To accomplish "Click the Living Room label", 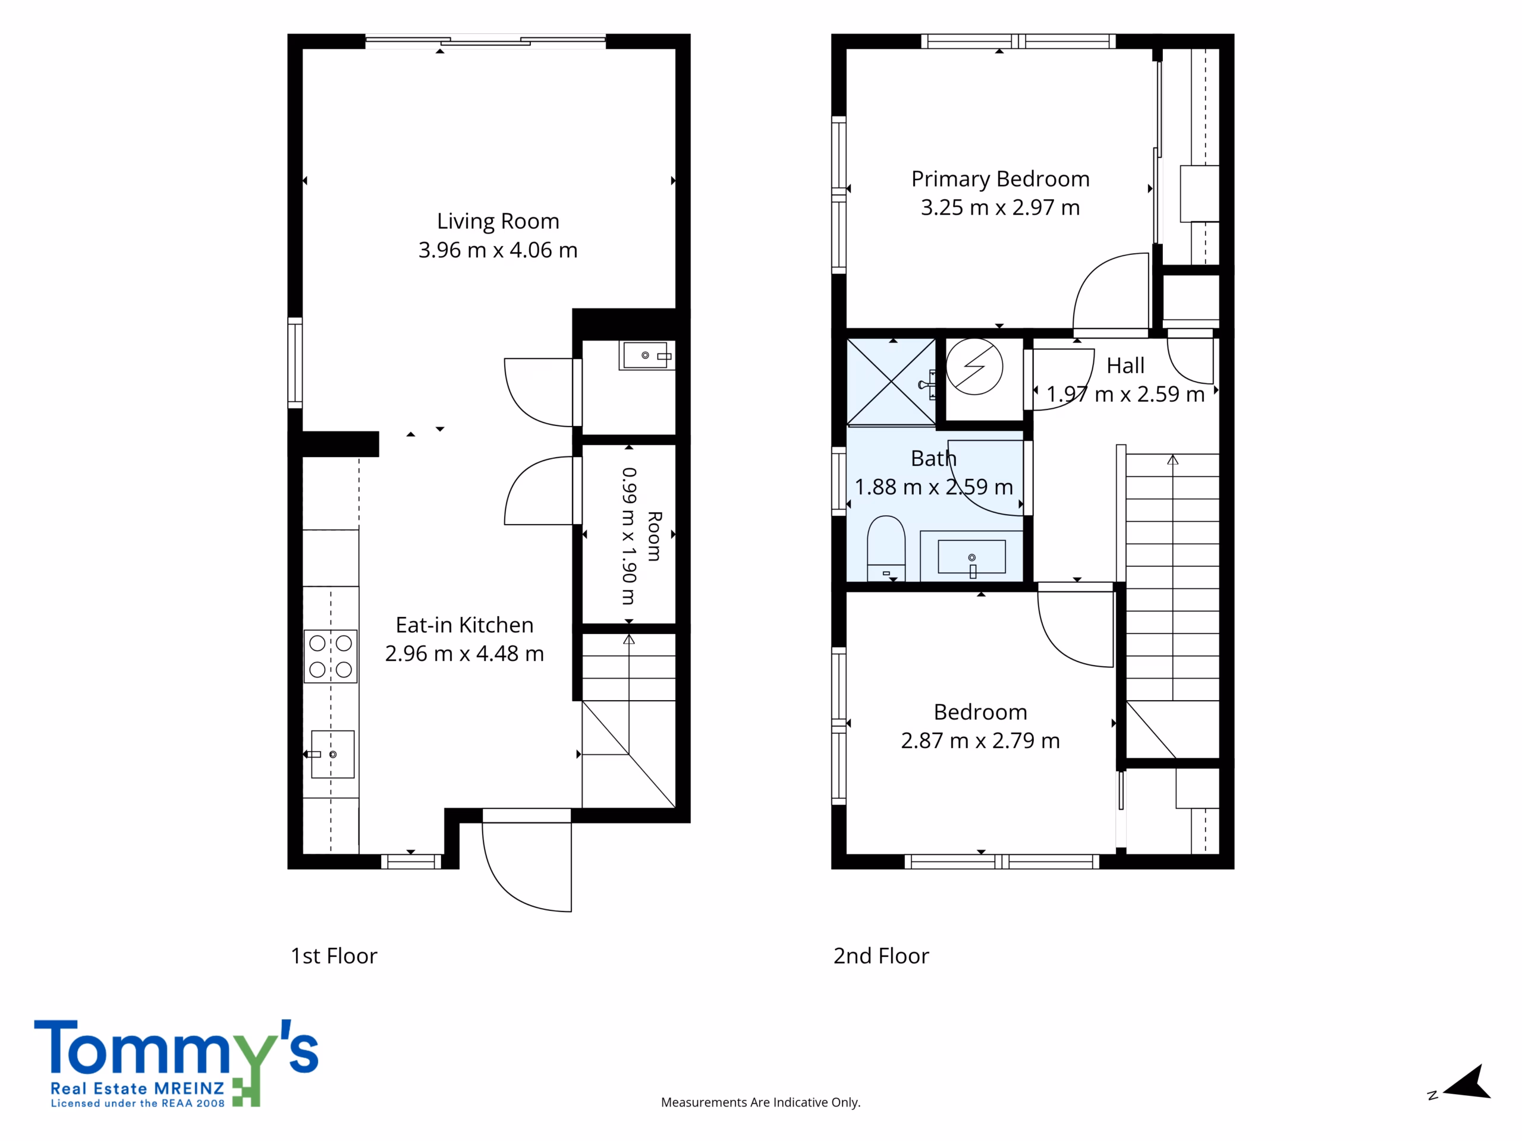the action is (498, 222).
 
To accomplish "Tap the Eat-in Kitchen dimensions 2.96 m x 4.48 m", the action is (464, 653).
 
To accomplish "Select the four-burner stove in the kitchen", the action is (331, 656).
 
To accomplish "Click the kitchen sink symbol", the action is (332, 755).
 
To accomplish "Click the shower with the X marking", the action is (891, 382).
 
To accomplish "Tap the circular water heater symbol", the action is (974, 367).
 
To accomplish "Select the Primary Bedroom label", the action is (1001, 179).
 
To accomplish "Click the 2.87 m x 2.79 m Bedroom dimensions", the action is (980, 740).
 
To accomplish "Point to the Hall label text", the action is (1125, 366).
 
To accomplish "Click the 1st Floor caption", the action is (334, 956).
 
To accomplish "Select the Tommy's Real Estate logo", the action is (176, 1063).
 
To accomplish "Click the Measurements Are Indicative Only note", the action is (760, 1102).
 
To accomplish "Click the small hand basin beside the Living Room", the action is (647, 355).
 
